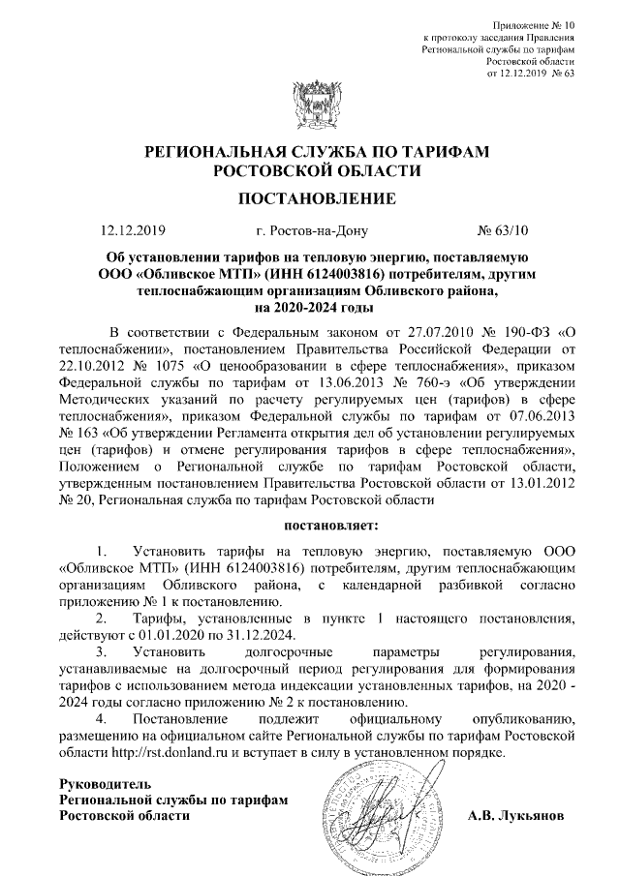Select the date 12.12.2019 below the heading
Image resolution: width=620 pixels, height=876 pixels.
tap(134, 231)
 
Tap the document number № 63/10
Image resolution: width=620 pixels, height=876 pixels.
tap(505, 231)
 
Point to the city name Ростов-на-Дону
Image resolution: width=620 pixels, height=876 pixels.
tap(308, 231)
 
